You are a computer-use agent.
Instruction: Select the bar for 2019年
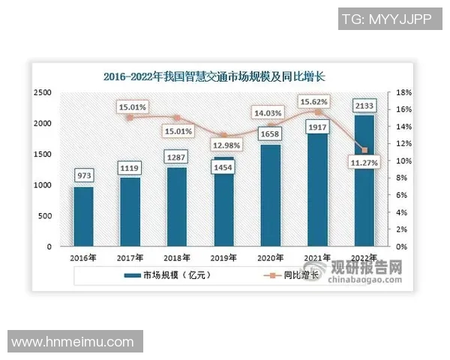(x=223, y=202)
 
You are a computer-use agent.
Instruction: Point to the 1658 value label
(x=271, y=133)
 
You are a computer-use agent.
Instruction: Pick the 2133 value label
(x=364, y=105)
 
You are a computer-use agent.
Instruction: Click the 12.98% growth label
(x=224, y=145)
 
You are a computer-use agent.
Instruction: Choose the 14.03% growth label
(x=271, y=113)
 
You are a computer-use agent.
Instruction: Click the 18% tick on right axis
(x=403, y=92)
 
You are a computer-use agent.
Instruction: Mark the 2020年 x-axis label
(x=270, y=259)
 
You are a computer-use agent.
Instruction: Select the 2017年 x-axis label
(x=130, y=259)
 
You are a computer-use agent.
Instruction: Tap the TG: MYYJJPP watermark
(x=385, y=19)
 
